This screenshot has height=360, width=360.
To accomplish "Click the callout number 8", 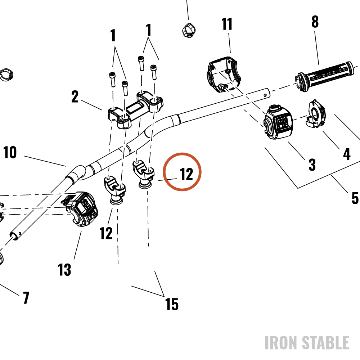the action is pyautogui.click(x=315, y=22).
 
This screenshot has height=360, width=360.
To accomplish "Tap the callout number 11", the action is pyautogui.click(x=226, y=24).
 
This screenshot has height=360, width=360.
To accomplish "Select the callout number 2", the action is pyautogui.click(x=75, y=96).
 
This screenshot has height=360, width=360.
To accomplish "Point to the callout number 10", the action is pyautogui.click(x=10, y=152).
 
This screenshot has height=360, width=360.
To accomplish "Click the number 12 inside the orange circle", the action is pyautogui.click(x=186, y=174).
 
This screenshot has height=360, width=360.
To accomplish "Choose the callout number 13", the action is pyautogui.click(x=64, y=270).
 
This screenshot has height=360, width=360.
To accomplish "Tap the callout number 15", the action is pyautogui.click(x=172, y=305).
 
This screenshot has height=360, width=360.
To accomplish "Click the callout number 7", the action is pyautogui.click(x=26, y=298).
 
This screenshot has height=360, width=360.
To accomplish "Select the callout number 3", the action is pyautogui.click(x=312, y=165).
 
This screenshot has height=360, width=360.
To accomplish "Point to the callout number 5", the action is pyautogui.click(x=355, y=198).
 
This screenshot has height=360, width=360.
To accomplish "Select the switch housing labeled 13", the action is pyautogui.click(x=80, y=209).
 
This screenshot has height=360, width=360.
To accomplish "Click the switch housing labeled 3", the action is pyautogui.click(x=278, y=122).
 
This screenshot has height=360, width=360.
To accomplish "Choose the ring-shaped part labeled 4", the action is pyautogui.click(x=316, y=114).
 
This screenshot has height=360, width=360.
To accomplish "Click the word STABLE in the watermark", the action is pyautogui.click(x=325, y=343).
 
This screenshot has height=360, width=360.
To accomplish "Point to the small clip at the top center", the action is pyautogui.click(x=189, y=30).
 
